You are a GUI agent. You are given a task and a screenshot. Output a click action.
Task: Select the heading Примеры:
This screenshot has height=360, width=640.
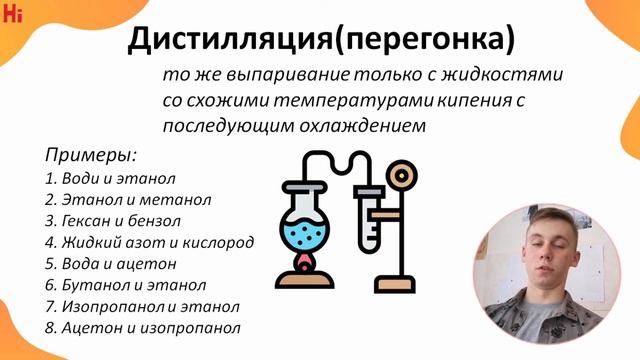pyautogui.click(x=90, y=157)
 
